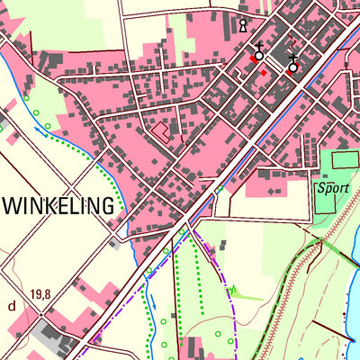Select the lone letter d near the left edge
(12, 305)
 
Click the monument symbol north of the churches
(242, 25)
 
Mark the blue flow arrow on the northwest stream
(40, 131)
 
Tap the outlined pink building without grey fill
(160, 132)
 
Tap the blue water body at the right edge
(354, 306)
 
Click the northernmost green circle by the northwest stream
(26, 96)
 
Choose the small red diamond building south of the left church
(263, 73)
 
